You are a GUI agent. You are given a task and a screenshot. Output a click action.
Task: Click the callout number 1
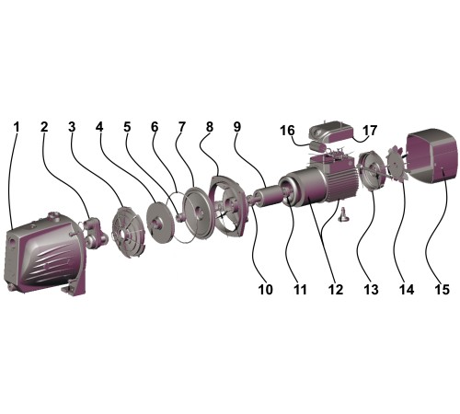click(x=17, y=127)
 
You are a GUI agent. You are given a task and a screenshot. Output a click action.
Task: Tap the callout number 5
click(x=127, y=127)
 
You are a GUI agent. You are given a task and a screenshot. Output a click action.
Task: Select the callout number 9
click(x=237, y=127)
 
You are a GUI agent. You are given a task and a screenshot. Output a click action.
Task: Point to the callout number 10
click(x=266, y=289)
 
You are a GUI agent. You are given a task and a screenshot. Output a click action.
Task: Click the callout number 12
click(x=336, y=289)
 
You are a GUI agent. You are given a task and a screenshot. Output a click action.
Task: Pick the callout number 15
click(x=442, y=289)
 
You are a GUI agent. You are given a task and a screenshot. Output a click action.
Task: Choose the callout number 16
click(x=287, y=131)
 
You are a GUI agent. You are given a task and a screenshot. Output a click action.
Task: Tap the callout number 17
click(x=370, y=131)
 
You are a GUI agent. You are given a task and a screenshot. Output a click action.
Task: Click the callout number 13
click(x=371, y=289)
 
